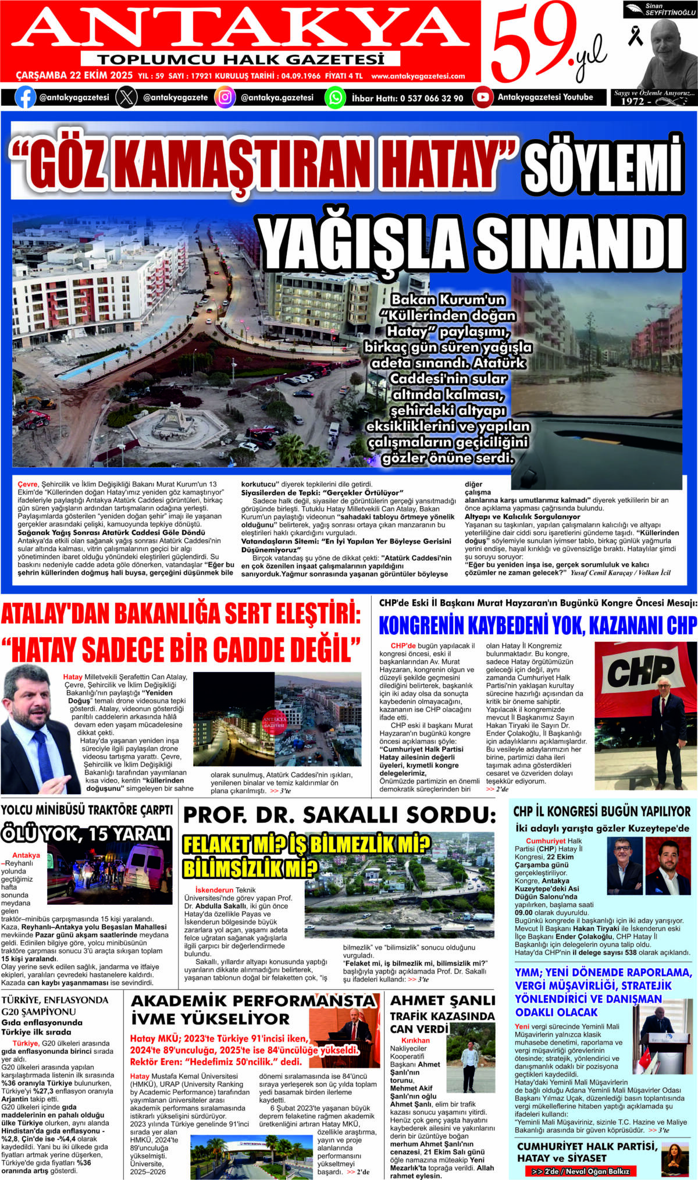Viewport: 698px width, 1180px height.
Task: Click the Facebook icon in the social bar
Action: click(x=25, y=97)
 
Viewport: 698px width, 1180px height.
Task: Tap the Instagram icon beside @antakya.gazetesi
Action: click(x=225, y=97)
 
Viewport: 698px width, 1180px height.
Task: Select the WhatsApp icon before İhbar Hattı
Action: click(x=335, y=97)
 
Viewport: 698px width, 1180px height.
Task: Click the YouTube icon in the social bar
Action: click(x=483, y=97)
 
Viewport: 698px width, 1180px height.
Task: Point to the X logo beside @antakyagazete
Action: click(x=126, y=97)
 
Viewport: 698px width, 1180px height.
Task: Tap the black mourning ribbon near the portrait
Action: click(x=635, y=35)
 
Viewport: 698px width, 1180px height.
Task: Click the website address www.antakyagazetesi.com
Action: click(x=418, y=76)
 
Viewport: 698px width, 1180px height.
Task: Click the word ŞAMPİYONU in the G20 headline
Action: click(x=47, y=1011)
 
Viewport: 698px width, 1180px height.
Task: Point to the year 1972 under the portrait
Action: click(x=632, y=101)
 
